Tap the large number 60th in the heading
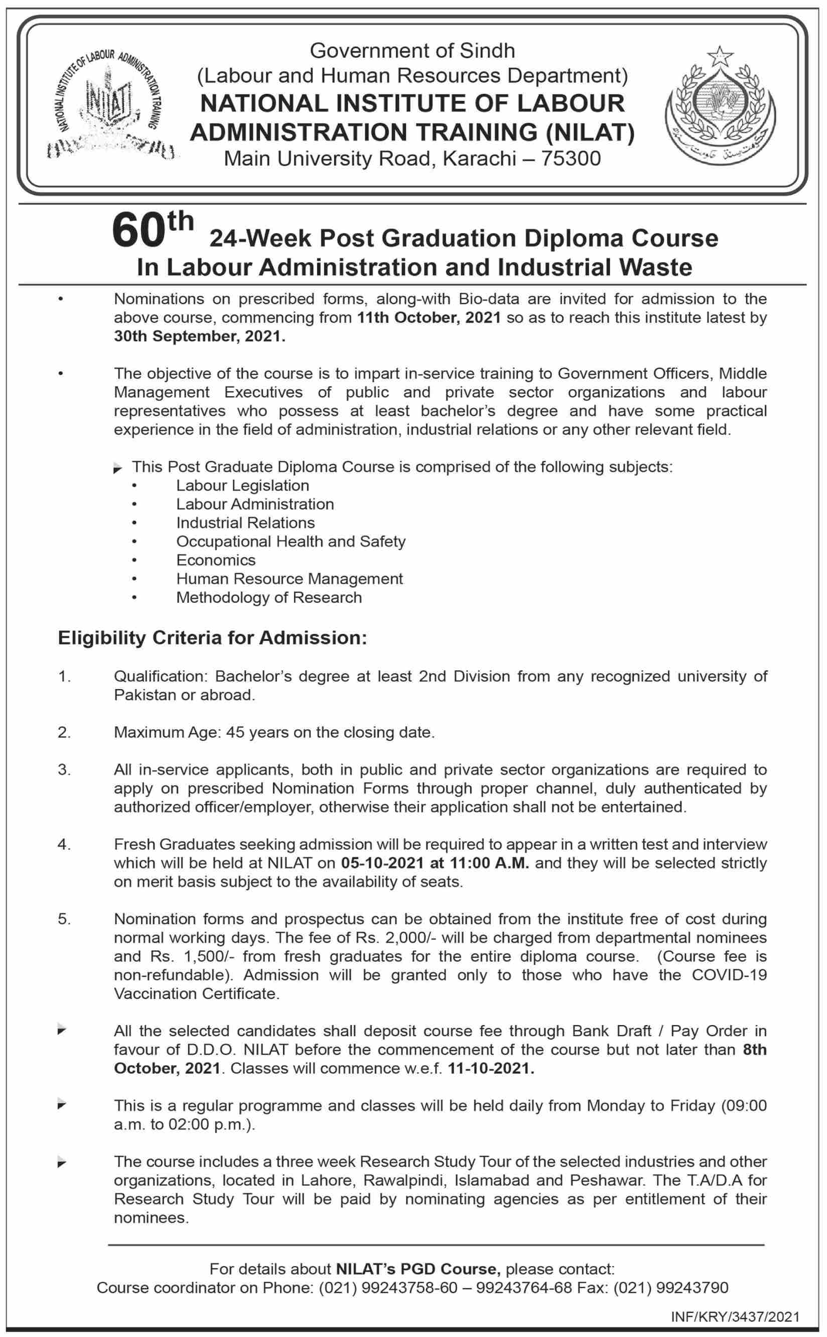[x=152, y=231]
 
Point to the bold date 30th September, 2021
[x=200, y=337]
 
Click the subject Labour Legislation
[x=242, y=486]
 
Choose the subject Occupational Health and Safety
[x=291, y=541]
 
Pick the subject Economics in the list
[x=215, y=560]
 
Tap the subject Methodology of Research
[x=268, y=597]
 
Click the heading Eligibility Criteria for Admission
[x=212, y=637]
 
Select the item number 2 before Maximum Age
[x=64, y=732]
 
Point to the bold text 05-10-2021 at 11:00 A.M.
[x=435, y=863]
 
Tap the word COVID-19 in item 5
[x=729, y=975]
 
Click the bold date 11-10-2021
[x=491, y=1068]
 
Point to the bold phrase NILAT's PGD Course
[x=418, y=1269]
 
